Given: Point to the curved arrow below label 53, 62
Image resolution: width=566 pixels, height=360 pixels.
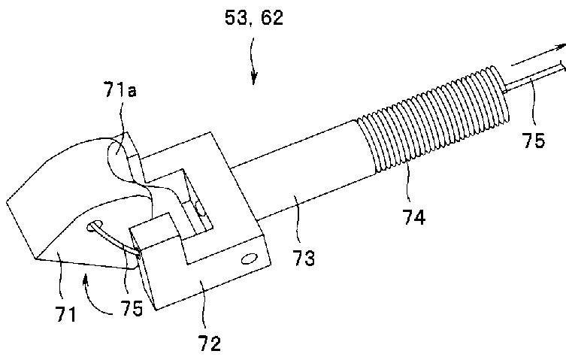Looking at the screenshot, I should [x=253, y=68].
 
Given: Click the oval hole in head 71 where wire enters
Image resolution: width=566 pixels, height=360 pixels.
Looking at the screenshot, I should [x=94, y=225].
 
